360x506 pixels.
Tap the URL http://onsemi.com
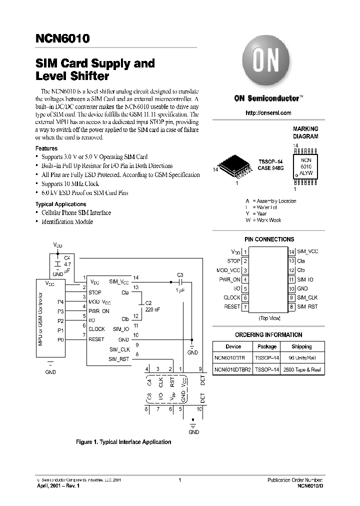tap(268, 113)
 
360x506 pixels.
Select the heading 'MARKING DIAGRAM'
tap(305, 132)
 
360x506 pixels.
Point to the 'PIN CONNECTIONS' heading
tap(269, 239)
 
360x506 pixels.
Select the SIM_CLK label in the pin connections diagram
tap(307, 297)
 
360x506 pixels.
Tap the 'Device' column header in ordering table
tap(233, 346)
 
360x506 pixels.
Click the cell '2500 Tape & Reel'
tap(301, 370)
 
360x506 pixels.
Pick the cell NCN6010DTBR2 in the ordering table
tap(233, 370)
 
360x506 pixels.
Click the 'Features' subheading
tap(46, 148)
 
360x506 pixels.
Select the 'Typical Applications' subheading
tap(60, 204)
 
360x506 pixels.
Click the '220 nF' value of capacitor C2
tap(152, 310)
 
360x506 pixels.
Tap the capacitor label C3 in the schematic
tap(180, 275)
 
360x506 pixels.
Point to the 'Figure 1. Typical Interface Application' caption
tap(123, 442)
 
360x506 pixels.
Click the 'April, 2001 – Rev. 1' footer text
tap(58, 485)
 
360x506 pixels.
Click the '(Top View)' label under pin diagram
tap(269, 318)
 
